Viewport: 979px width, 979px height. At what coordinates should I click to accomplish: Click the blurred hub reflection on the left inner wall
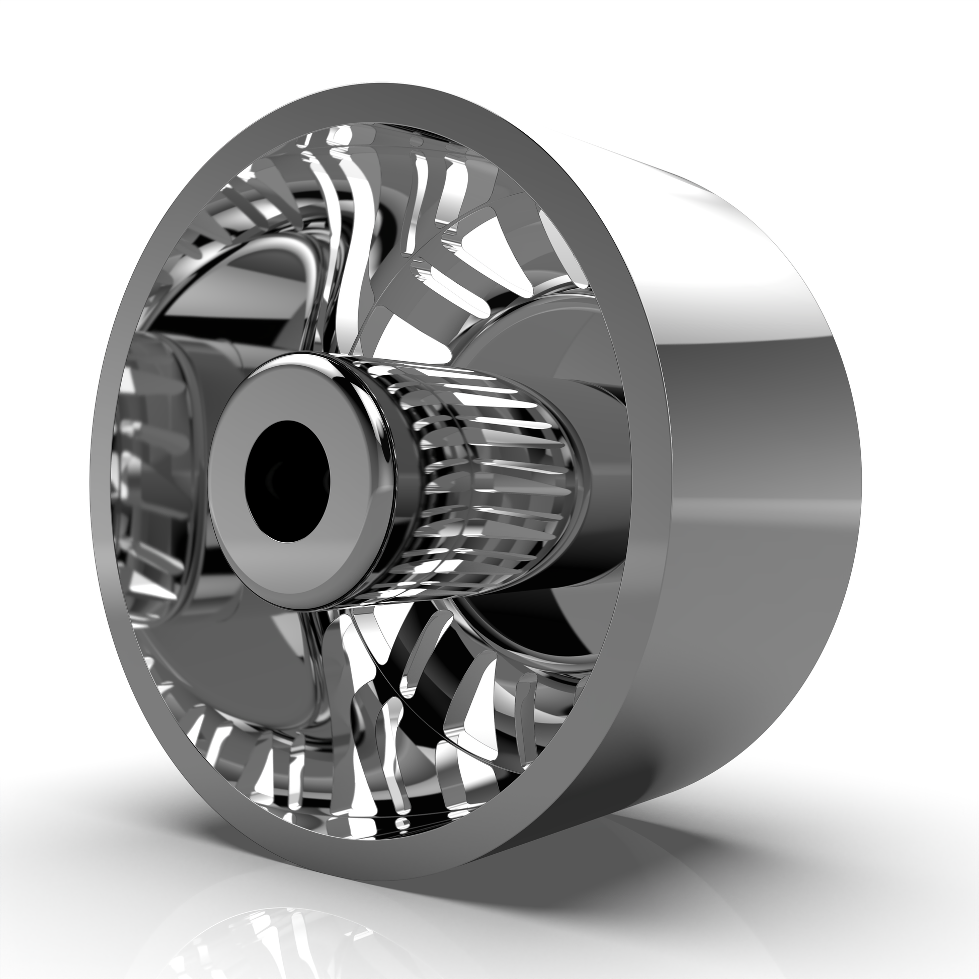point(162,456)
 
